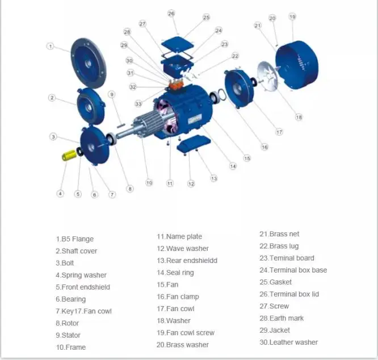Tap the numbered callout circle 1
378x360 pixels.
51,46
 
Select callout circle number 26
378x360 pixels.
171,13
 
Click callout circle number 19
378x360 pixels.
292,16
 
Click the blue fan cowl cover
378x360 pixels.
297,61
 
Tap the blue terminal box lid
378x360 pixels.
178,43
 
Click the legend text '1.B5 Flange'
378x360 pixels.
74,239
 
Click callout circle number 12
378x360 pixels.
191,183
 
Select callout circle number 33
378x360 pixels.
138,103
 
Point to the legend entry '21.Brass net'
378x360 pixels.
279,234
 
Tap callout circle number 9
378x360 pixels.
111,94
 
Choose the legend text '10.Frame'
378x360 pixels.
70,347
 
